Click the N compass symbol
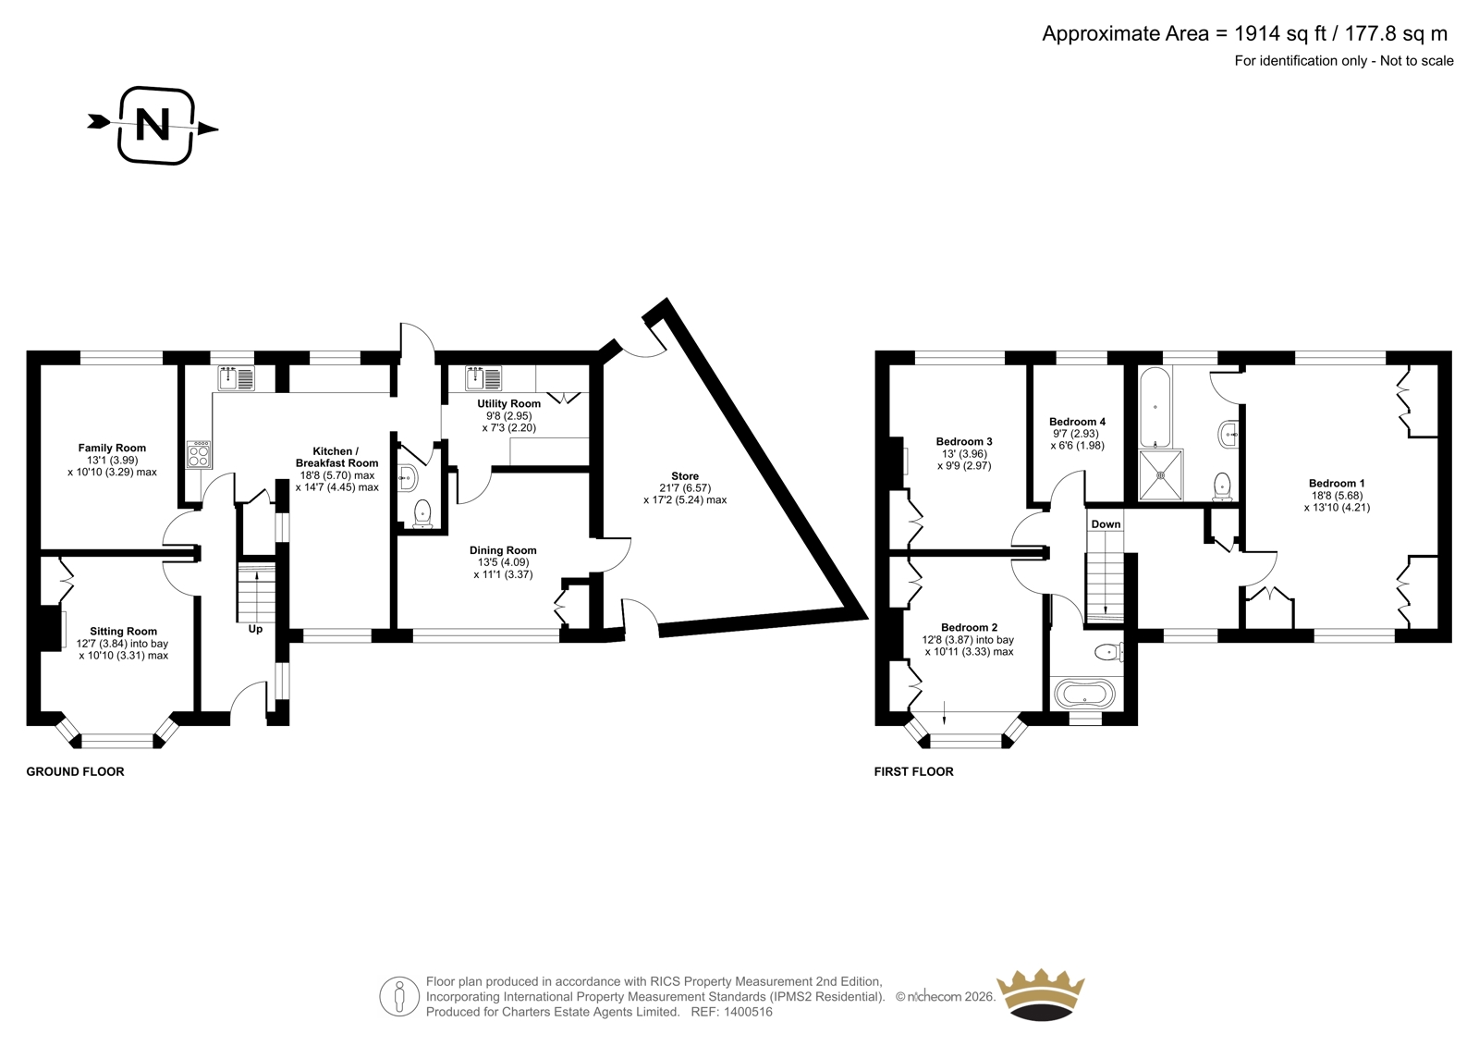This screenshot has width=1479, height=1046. (153, 126)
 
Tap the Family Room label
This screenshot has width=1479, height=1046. (112, 448)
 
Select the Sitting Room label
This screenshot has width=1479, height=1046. (124, 632)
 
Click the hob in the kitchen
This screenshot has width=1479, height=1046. (199, 455)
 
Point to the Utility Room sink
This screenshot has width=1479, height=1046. (484, 378)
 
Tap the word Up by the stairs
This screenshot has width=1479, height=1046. (255, 629)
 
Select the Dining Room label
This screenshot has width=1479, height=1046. (503, 550)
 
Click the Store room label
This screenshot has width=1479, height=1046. (685, 475)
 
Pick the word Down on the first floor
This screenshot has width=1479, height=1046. (1106, 524)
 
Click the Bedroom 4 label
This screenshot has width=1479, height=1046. (1078, 422)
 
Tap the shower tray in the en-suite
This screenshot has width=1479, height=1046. (1161, 474)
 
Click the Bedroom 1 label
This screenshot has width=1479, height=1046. (1337, 483)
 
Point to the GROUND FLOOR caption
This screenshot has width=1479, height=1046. (75, 771)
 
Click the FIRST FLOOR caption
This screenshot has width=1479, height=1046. (914, 771)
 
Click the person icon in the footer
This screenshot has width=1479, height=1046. (399, 996)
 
